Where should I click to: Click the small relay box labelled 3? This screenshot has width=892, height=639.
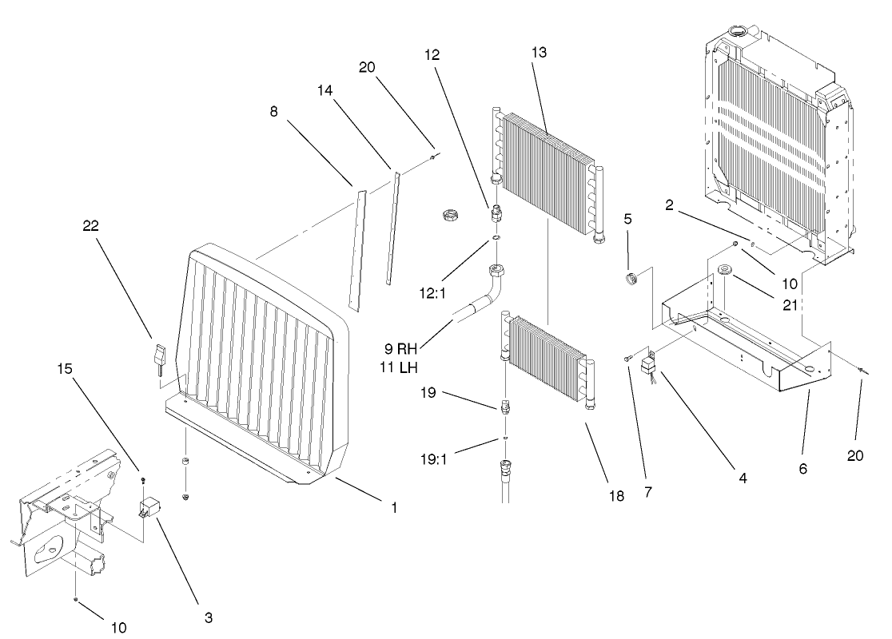149,506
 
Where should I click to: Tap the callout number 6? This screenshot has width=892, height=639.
803,469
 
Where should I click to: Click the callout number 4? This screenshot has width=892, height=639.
743,478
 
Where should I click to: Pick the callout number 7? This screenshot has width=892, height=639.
647,493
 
